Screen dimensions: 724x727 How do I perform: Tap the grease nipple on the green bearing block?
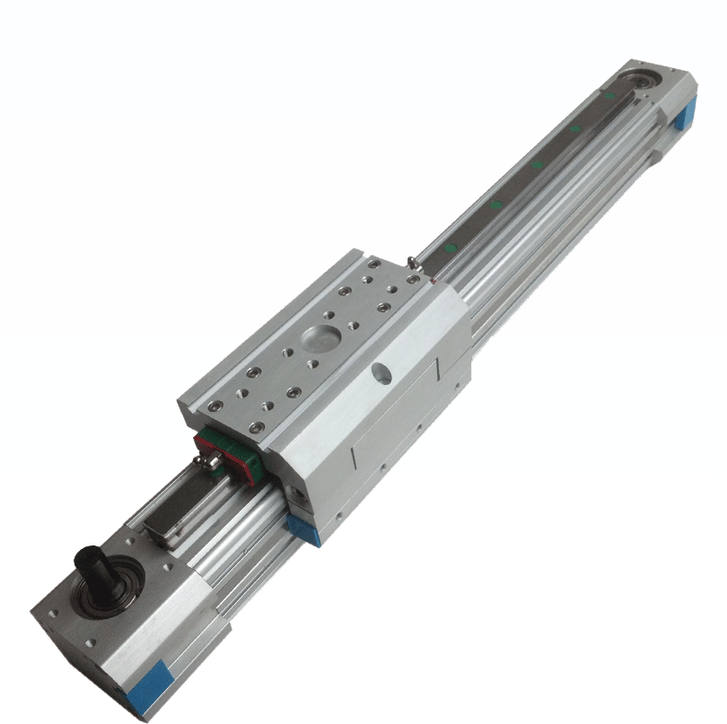(207, 462)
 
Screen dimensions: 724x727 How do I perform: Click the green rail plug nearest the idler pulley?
(609, 93)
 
